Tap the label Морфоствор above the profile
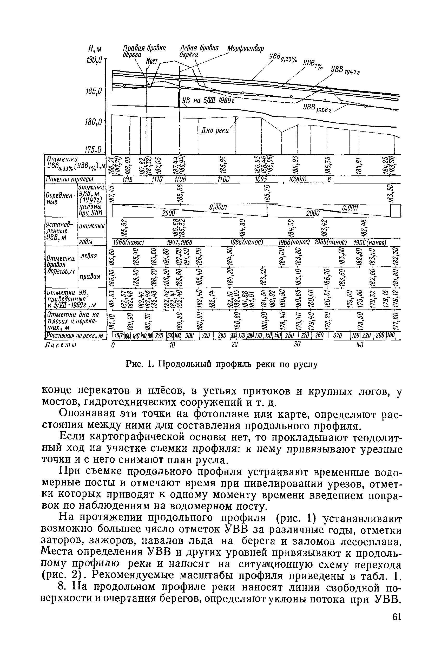[246, 49]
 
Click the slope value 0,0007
[218, 207]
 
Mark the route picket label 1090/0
[298, 180]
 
